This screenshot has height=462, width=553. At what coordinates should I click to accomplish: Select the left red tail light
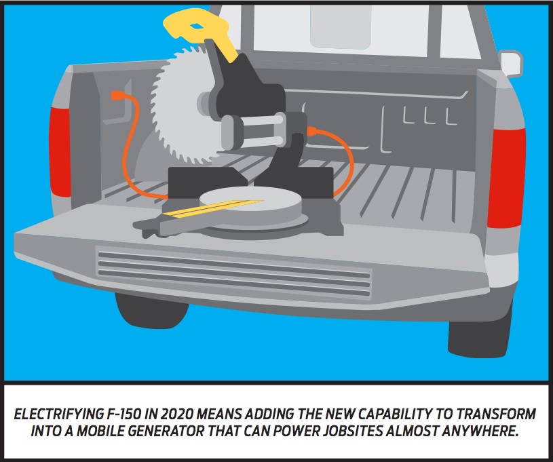pos(60,152)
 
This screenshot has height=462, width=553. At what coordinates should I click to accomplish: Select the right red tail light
pos(506,178)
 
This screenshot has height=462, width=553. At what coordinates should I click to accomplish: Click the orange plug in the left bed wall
pos(117,96)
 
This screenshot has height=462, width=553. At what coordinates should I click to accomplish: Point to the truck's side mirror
pos(511,64)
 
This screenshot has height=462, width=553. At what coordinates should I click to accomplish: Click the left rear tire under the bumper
pos(152,310)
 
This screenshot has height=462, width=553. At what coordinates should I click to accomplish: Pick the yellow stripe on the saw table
pos(213,208)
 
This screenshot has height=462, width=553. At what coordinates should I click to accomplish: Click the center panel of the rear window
pos(341,26)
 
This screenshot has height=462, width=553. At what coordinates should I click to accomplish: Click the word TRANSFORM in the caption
pos(501,414)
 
